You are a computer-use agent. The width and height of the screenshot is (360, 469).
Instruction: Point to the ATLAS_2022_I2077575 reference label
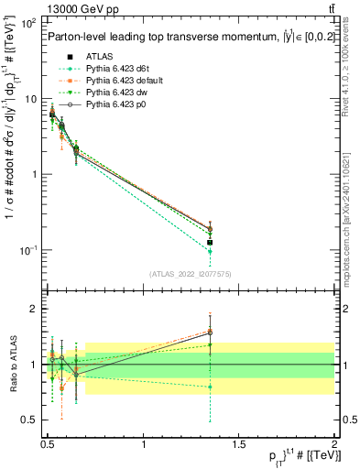pos(191,272)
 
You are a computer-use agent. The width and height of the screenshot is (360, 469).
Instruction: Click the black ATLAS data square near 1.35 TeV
pos(211,243)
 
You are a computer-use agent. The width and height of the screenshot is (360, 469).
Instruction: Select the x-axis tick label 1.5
pos(239,443)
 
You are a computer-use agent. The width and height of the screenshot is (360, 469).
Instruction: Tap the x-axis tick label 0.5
pos(48,443)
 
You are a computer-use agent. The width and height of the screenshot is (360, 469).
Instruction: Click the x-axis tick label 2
pos(334,443)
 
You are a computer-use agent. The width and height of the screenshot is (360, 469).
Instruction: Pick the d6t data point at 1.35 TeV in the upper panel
pos(211,251)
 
